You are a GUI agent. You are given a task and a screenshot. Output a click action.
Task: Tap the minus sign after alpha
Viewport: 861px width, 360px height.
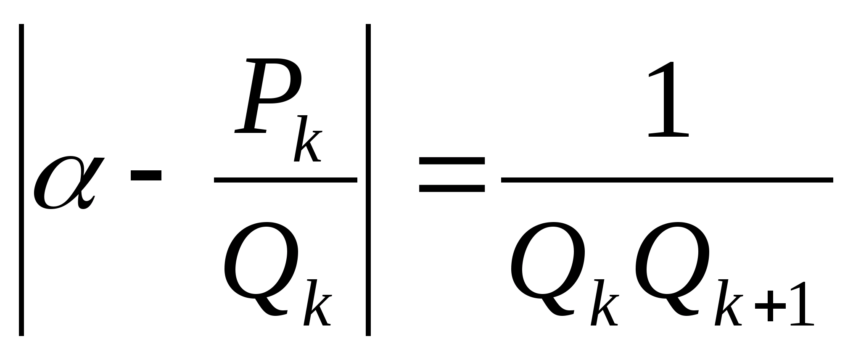146,175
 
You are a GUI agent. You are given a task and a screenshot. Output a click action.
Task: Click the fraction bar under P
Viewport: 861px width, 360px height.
285,180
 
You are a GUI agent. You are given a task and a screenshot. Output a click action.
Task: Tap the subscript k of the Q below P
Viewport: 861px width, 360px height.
318,303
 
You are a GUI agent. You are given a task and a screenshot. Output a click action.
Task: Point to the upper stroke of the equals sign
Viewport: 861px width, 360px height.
452,161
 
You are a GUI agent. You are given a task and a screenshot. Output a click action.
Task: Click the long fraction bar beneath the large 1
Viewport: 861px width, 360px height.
667,180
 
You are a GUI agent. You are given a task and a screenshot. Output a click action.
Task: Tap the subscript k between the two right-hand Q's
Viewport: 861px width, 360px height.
604,303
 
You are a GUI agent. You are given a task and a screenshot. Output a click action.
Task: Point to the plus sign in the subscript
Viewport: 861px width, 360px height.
770,307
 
